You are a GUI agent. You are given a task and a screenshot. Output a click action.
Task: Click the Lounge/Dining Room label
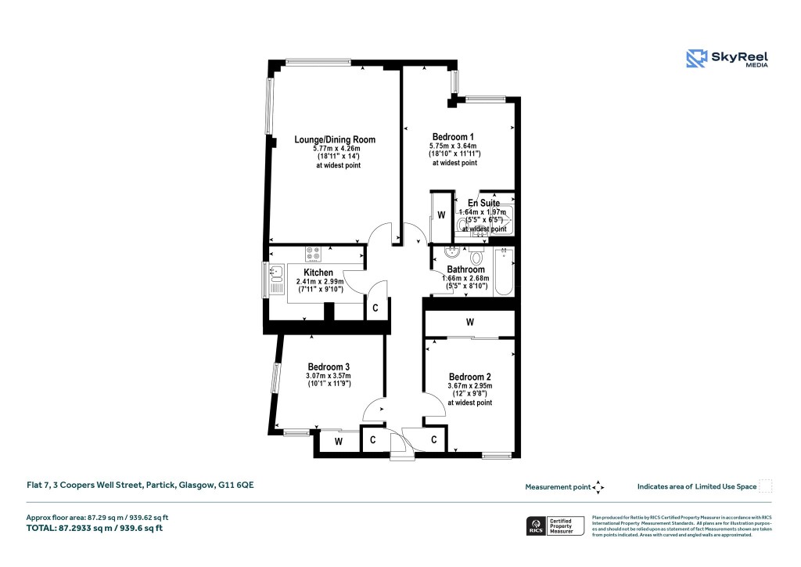[x=335, y=139]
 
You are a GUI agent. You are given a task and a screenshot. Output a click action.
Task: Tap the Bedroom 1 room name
[x=454, y=136]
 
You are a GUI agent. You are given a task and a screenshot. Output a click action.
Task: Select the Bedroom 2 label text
[x=470, y=376]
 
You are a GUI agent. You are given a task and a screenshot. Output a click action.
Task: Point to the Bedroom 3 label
[x=329, y=367]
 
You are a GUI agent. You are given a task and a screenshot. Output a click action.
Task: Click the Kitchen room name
[x=307, y=273]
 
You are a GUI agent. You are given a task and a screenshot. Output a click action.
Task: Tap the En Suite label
[x=483, y=203]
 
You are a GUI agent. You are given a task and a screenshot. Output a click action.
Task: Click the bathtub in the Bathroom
[x=504, y=271]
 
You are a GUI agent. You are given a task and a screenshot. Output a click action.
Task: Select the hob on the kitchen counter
[x=314, y=254]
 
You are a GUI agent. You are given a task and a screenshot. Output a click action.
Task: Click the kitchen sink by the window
[x=275, y=273]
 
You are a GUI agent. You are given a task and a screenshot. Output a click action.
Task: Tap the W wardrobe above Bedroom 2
[x=469, y=322]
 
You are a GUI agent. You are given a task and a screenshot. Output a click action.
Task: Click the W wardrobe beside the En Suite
[x=441, y=215]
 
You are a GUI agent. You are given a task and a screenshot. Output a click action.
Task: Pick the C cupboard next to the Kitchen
[x=375, y=308]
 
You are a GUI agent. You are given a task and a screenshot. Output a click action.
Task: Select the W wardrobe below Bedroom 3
[x=338, y=442]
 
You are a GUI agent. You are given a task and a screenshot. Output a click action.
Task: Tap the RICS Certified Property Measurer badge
[x=555, y=525]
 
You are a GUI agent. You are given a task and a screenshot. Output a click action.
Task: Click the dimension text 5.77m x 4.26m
[x=335, y=149]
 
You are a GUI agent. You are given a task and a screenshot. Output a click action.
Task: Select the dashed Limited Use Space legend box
[x=766, y=486]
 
